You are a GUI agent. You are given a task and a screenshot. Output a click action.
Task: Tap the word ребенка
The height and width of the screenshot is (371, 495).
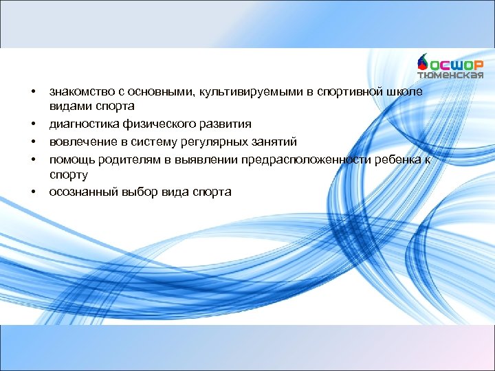397,159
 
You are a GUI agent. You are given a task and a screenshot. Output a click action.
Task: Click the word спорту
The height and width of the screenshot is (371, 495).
67,175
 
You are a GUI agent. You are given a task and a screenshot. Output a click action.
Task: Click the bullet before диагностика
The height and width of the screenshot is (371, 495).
32,124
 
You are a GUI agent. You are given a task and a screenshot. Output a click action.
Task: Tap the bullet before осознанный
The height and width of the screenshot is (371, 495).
32,192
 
